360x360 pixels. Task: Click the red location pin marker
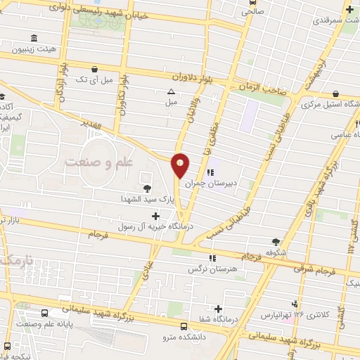181,165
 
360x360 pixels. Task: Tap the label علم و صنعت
99,162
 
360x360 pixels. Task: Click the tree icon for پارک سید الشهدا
146,188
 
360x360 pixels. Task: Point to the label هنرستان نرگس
210,269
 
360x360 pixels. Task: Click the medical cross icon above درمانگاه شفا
219,309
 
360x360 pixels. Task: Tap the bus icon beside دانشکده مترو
184,326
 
